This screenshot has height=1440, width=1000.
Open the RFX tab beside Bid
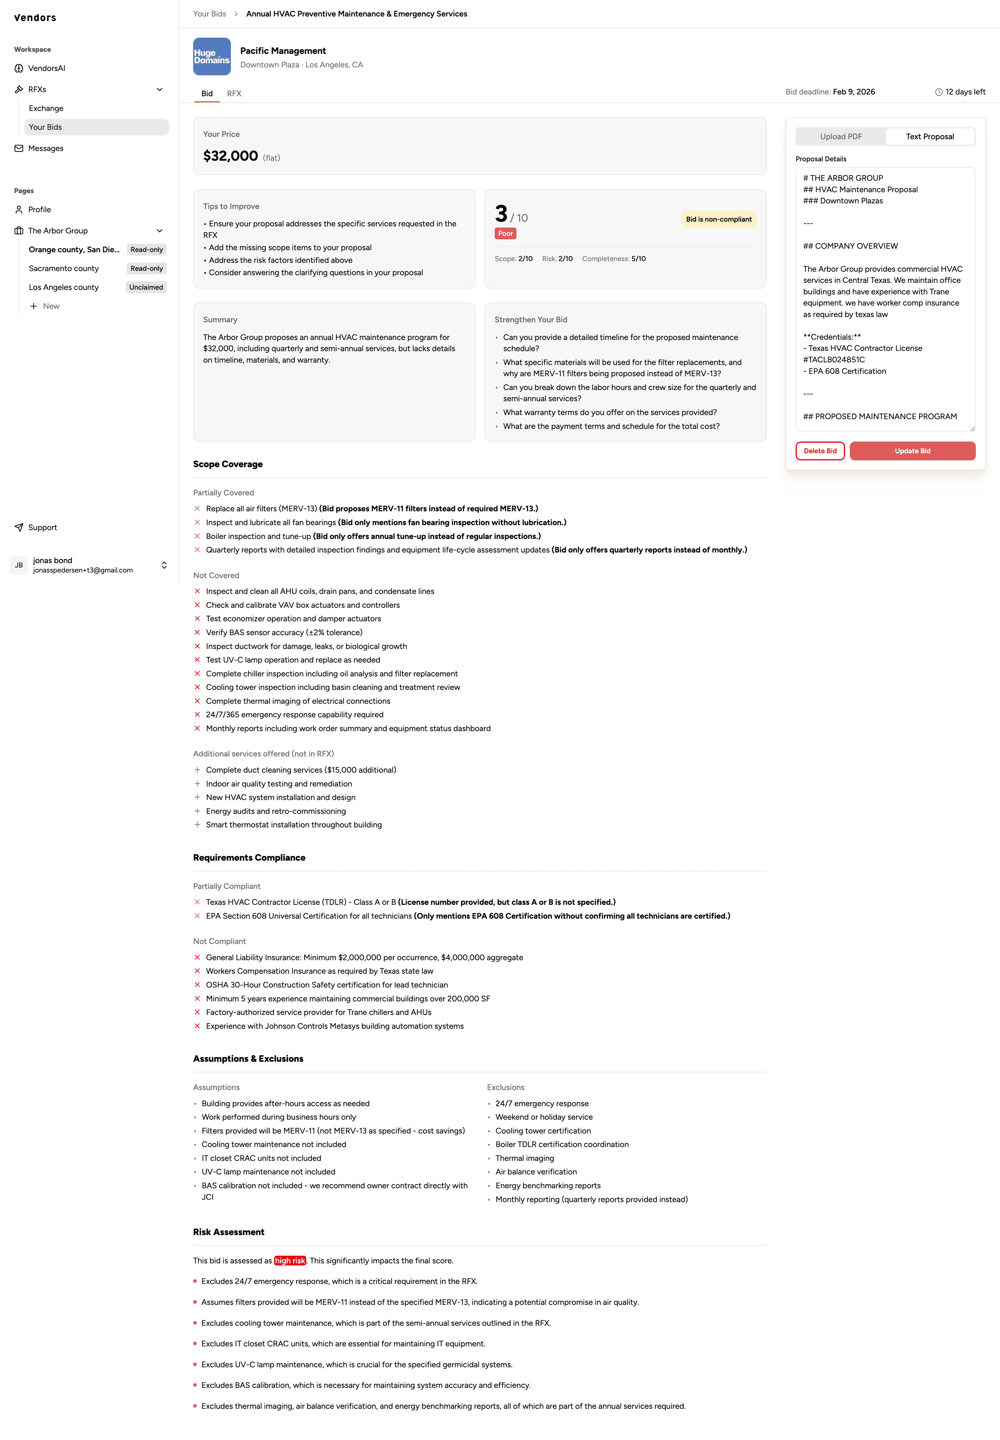(x=234, y=93)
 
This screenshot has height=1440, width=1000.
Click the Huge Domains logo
(x=212, y=57)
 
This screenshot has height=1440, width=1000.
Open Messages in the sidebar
(x=46, y=148)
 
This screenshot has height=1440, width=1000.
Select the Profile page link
(x=39, y=210)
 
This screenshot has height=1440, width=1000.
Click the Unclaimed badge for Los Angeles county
(x=146, y=288)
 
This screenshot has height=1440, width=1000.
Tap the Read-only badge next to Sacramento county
(x=147, y=269)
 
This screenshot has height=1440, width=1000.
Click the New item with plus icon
(x=51, y=306)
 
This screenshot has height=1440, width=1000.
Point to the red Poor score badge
(x=505, y=234)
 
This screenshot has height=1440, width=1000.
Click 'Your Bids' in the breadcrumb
(x=209, y=14)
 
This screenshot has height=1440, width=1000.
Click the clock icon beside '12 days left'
(x=938, y=92)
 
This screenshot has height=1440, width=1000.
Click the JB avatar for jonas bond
(x=19, y=565)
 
